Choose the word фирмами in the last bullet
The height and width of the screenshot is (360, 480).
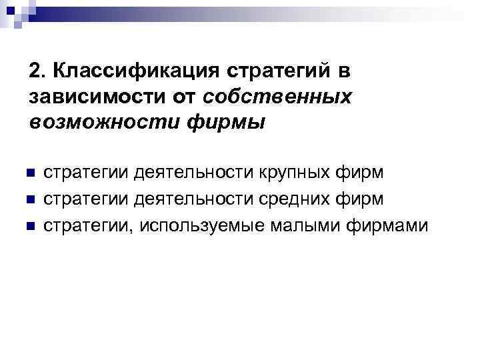pos(387,226)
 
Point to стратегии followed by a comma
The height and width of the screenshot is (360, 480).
pos(83,226)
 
